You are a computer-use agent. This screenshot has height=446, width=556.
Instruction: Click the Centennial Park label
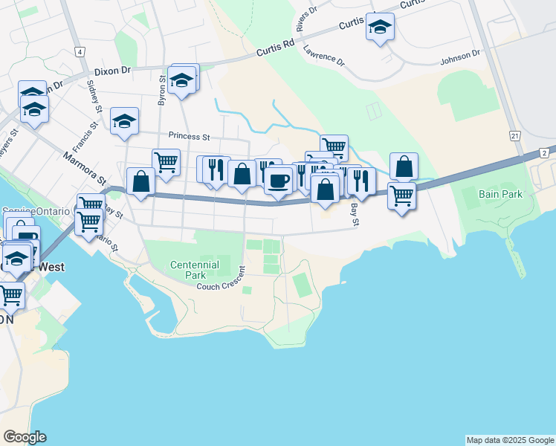194,269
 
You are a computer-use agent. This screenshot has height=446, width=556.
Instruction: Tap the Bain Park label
501,194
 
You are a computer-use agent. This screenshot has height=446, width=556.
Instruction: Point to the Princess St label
190,136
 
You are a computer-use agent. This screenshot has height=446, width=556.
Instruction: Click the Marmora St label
85,169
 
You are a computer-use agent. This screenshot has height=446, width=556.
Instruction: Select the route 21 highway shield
514,136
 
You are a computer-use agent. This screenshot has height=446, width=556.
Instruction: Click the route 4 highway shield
79,51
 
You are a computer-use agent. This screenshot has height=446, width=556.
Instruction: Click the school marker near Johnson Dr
380,28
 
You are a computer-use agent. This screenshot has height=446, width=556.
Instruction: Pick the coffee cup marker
279,180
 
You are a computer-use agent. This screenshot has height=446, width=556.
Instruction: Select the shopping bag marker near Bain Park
404,167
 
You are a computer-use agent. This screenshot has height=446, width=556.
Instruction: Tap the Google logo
25,437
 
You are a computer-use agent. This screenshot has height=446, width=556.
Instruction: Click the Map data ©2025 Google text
510,440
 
